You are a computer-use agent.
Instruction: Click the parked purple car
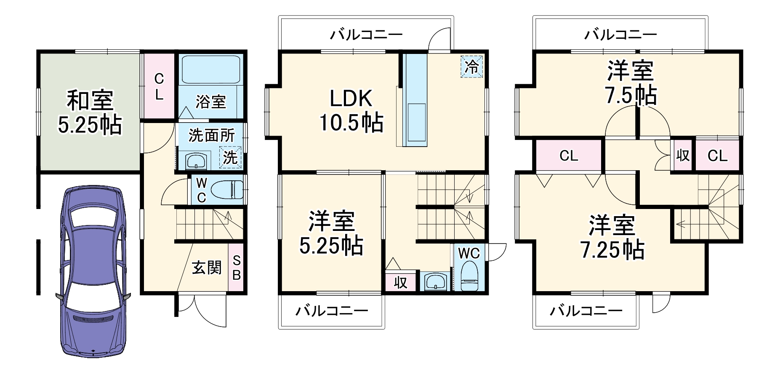pyautogui.click(x=93, y=270)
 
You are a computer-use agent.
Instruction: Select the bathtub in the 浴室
pyautogui.click(x=211, y=69)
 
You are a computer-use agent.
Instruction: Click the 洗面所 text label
pyautogui.click(x=211, y=136)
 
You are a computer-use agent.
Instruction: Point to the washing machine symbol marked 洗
pyautogui.click(x=230, y=158)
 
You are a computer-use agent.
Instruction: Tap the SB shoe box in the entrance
pyautogui.click(x=236, y=268)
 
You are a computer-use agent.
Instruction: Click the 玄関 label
pyautogui.click(x=207, y=268)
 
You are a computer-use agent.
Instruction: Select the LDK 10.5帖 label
pyautogui.click(x=351, y=111)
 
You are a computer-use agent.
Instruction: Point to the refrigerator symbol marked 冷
pyautogui.click(x=471, y=67)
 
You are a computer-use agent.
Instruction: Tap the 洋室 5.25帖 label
pyautogui.click(x=331, y=233)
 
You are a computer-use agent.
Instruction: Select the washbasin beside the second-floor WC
pyautogui.click(x=435, y=281)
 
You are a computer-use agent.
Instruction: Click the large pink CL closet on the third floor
pyautogui.click(x=569, y=155)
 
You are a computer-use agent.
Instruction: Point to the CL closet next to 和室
pyautogui.click(x=159, y=86)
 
